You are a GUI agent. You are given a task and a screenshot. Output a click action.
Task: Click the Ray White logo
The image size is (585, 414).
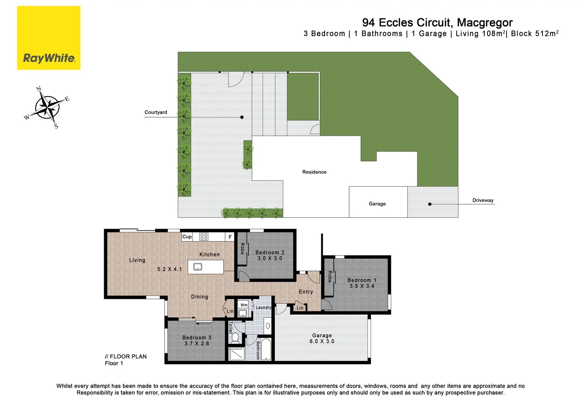tap(49, 38)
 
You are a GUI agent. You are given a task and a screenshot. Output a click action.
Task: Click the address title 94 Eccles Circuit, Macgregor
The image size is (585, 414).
tap(437, 23)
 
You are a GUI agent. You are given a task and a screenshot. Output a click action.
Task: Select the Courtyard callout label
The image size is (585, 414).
tap(155, 112)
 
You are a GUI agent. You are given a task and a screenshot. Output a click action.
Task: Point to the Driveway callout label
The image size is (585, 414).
tap(483, 200)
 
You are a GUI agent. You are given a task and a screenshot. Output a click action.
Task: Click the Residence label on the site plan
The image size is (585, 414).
tap(314, 172)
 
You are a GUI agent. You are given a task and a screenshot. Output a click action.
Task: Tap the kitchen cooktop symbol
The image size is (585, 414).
tap(204, 237)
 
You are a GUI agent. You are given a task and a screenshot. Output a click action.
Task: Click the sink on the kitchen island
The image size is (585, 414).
tap(198, 266)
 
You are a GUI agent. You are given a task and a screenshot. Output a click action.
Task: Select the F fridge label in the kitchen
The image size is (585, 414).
tap(230, 237)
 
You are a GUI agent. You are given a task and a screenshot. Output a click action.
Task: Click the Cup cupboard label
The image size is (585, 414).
tap(187, 237)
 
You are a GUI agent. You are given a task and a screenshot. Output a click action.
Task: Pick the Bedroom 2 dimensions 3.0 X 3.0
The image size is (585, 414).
tap(270, 258)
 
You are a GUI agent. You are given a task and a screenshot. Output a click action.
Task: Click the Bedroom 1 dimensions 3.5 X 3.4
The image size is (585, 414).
tap(362, 286)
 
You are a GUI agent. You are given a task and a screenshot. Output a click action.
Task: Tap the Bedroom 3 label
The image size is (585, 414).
tap(196, 337)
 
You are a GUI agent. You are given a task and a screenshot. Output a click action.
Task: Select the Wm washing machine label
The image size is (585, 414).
tap(244, 305)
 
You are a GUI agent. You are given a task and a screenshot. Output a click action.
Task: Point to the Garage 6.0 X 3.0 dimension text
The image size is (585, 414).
tap(322, 341)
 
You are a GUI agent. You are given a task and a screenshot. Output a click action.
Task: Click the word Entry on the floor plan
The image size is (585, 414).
tap(306, 292)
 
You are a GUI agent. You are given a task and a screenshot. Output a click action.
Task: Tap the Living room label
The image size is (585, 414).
tap(137, 260)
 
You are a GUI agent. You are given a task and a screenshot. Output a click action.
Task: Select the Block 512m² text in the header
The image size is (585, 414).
tap(534, 34)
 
